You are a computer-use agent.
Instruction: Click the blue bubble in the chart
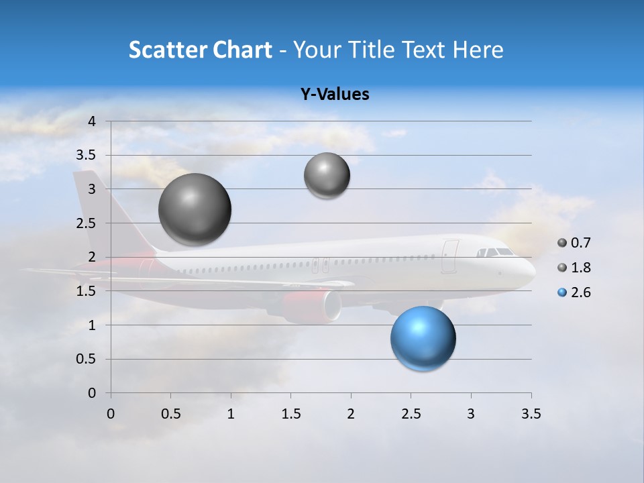(x=423, y=338)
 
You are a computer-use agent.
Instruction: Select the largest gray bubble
(x=195, y=209)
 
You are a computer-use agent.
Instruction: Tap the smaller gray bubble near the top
(x=327, y=176)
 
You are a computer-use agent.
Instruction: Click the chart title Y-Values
(x=334, y=95)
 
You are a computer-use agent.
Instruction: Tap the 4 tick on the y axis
(x=92, y=121)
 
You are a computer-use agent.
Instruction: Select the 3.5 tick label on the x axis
(x=531, y=414)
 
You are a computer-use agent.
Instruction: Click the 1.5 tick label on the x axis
(x=290, y=414)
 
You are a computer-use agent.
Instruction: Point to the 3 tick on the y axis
(x=92, y=189)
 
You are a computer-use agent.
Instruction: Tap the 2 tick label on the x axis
(x=351, y=414)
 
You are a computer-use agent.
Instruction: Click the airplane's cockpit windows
(x=495, y=253)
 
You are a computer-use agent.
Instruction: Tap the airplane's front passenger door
(x=449, y=257)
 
